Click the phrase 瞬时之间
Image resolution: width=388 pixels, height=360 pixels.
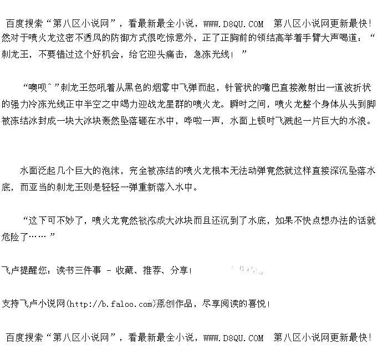click(244, 104)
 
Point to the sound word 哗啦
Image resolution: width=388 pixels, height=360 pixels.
click(191, 120)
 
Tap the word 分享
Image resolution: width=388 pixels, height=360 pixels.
click(179, 270)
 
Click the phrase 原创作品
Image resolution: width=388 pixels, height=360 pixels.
click(175, 304)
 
